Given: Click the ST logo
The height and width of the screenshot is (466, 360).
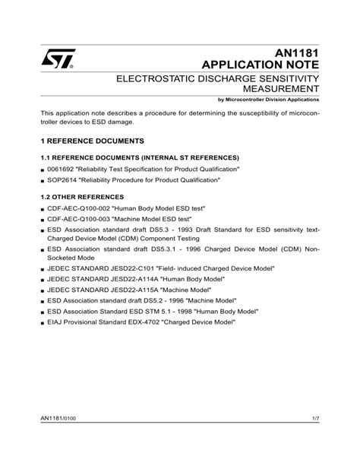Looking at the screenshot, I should [x=57, y=59].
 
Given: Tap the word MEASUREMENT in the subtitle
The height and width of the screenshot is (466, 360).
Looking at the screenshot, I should [x=279, y=90].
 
